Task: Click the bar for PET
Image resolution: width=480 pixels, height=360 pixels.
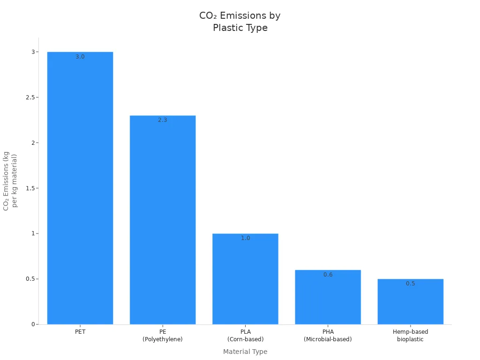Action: [x=80, y=187]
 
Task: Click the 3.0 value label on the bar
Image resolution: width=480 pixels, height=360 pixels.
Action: [x=80, y=57]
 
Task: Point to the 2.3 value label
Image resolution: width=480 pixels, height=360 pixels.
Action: [x=163, y=120]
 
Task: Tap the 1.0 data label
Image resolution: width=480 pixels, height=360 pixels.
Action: [x=245, y=238]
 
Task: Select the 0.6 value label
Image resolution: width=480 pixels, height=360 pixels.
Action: [x=328, y=275]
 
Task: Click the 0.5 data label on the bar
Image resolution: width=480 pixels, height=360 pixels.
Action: [x=410, y=284]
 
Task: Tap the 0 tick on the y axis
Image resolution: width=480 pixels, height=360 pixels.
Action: [x=33, y=324]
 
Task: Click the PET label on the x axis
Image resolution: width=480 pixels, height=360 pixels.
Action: [x=80, y=332]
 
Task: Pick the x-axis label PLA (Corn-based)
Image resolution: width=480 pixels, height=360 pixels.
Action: [x=245, y=335]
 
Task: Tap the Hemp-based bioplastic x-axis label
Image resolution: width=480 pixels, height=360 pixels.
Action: [x=410, y=335]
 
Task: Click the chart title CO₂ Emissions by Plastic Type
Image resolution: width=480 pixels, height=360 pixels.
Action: [x=240, y=22]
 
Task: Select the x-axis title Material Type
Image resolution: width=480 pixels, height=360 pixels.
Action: [x=245, y=352]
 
